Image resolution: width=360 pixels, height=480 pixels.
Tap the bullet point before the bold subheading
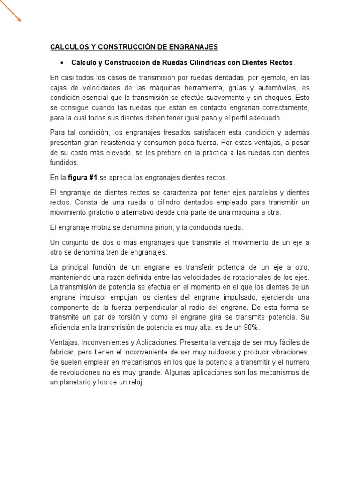click(x=61, y=62)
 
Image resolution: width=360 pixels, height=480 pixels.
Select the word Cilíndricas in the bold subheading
click(x=191, y=62)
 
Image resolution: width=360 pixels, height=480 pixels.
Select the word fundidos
click(x=64, y=163)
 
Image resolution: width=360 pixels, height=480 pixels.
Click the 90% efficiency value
click(x=264, y=327)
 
